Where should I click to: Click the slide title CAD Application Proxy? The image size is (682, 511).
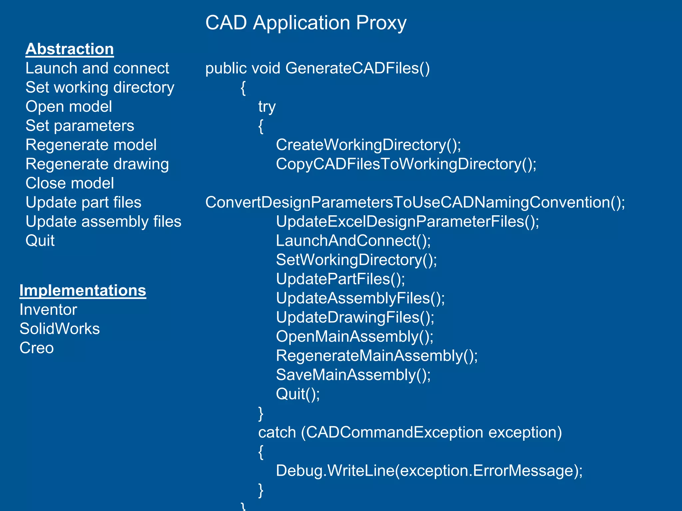click(x=306, y=23)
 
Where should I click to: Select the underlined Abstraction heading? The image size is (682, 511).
click(x=70, y=49)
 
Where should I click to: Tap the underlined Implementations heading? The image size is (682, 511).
click(x=83, y=290)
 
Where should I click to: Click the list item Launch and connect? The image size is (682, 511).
click(x=97, y=68)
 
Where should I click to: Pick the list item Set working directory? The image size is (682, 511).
click(x=100, y=87)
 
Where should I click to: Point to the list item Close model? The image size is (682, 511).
click(x=70, y=183)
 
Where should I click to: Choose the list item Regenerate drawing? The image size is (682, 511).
click(x=97, y=164)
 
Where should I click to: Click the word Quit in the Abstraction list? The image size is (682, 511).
click(x=40, y=241)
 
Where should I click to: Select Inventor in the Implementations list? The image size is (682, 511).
click(x=48, y=310)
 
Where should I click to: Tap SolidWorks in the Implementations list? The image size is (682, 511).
click(x=60, y=329)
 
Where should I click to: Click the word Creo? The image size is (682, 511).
click(x=37, y=348)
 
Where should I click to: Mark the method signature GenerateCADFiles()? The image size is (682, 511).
click(x=357, y=68)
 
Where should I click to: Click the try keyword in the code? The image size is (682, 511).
click(x=267, y=107)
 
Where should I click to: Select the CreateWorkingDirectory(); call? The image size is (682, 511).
click(x=368, y=145)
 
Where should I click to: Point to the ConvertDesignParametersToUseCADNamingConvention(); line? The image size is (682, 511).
click(x=415, y=202)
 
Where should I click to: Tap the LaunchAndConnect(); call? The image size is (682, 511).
click(x=353, y=241)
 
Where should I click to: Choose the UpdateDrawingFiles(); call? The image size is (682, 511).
click(x=355, y=317)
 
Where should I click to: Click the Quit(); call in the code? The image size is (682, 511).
click(x=298, y=394)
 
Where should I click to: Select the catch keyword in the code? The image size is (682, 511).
click(x=277, y=432)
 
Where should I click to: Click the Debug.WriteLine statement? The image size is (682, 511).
click(x=429, y=471)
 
